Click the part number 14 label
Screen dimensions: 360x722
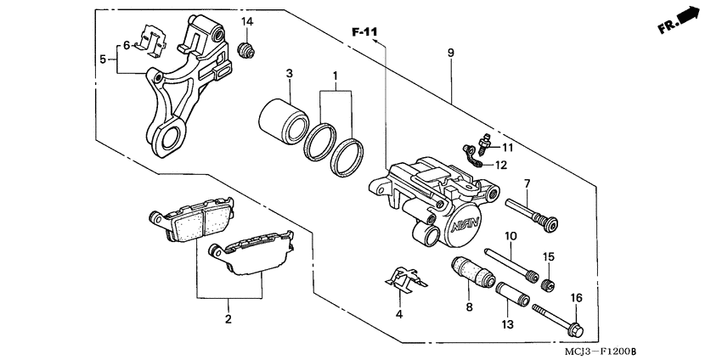pos(247,20)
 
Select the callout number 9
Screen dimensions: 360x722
pos(450,53)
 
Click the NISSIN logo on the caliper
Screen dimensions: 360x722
pos(467,224)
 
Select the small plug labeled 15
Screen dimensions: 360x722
pos(549,277)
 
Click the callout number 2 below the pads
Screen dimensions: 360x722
pos(228,320)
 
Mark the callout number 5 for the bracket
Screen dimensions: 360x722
pos(103,59)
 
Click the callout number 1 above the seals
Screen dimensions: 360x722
pos(336,76)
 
